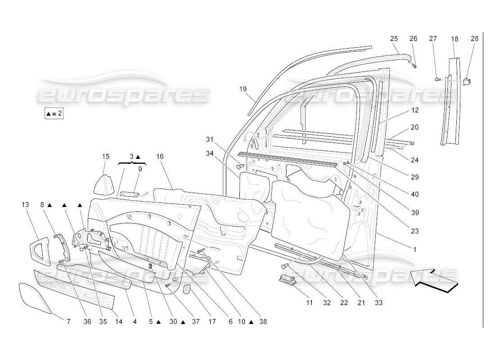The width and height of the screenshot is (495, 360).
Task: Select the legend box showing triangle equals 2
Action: [54, 113]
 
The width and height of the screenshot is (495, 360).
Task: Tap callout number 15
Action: [105, 157]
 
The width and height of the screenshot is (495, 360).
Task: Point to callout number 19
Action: [243, 89]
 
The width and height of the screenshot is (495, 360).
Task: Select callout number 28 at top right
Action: [475, 39]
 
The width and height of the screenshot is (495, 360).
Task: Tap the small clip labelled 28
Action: [467, 81]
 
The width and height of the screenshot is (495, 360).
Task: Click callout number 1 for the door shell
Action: [414, 249]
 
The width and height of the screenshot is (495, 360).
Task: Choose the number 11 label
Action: [310, 303]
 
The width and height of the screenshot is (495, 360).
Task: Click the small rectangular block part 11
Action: [287, 280]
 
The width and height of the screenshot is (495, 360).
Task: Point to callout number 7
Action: [68, 322]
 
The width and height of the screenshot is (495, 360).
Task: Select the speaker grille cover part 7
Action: [35, 298]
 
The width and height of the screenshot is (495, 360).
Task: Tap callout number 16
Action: [160, 157]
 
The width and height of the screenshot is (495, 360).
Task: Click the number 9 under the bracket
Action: [140, 169]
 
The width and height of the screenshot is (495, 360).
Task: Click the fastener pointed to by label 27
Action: [436, 79]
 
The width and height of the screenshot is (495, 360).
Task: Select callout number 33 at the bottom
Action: [378, 303]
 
